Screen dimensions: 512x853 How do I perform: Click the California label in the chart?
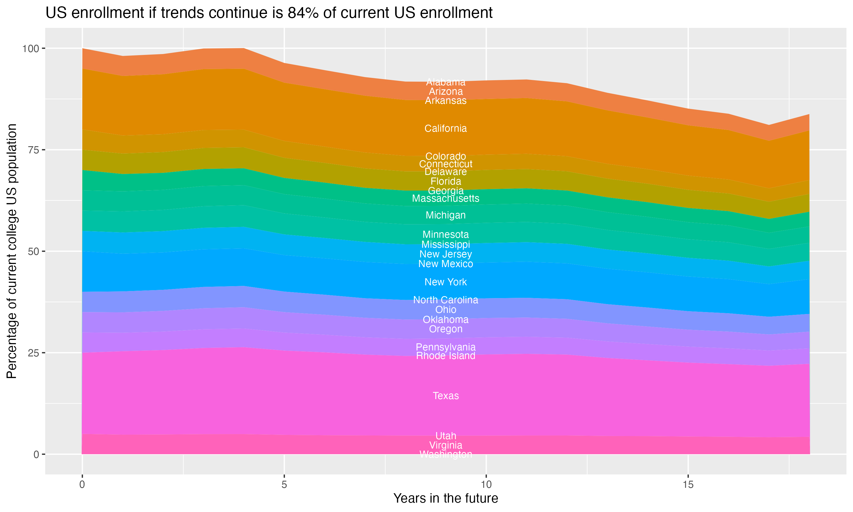point(446,128)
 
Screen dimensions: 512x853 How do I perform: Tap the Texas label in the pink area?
point(446,396)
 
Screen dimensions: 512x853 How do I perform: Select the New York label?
point(446,282)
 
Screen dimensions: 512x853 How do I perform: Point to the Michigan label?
point(446,215)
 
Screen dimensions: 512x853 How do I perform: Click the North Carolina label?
point(446,300)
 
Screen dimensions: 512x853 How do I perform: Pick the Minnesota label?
point(446,234)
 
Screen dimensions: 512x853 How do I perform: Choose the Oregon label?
point(446,329)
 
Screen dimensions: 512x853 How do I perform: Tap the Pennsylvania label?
point(446,347)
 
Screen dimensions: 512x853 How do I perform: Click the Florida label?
point(446,181)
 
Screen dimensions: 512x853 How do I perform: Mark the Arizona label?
point(446,91)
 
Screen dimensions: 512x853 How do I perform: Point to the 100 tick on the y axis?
point(30,49)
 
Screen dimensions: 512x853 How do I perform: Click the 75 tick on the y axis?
point(33,150)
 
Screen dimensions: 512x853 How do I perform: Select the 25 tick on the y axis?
point(33,353)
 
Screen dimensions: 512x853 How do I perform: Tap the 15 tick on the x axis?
point(688,485)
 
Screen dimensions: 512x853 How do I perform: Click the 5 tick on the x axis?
point(284,485)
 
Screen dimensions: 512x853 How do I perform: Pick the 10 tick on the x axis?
point(486,485)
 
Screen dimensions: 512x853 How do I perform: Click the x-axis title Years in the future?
point(446,498)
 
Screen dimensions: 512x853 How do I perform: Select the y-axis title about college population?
point(12,251)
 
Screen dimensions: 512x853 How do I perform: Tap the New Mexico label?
point(446,264)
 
